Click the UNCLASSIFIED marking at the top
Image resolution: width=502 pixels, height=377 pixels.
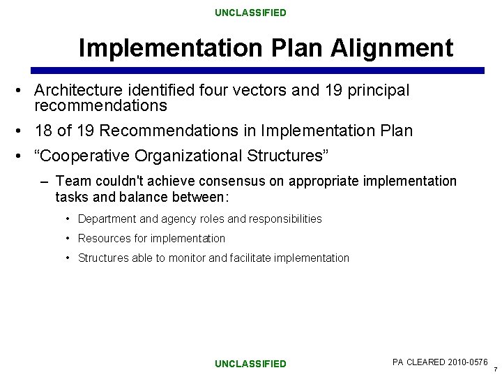(x=250, y=13)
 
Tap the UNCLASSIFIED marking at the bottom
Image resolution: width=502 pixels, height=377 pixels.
(x=250, y=364)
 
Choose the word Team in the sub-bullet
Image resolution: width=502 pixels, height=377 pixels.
(x=71, y=182)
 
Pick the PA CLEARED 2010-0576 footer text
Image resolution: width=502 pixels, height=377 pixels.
(x=440, y=362)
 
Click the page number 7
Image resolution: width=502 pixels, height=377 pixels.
(x=495, y=369)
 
